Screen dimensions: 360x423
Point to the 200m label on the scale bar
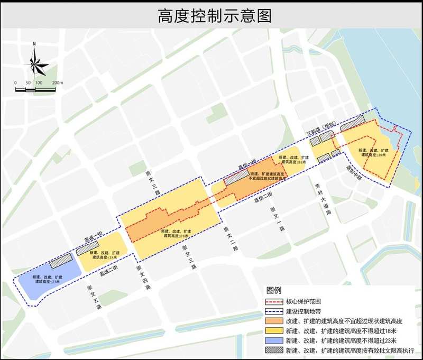(58, 83)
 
